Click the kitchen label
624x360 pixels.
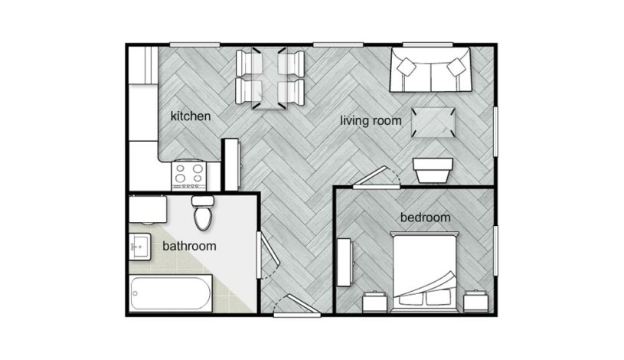tap(190, 116)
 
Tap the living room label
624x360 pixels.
tap(371, 120)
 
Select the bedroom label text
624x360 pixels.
tap(425, 218)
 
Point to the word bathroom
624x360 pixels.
tap(189, 246)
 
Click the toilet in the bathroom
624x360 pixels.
tap(203, 214)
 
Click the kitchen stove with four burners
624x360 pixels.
tap(188, 175)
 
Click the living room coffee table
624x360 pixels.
tap(433, 121)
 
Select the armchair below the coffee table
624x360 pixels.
tap(433, 169)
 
